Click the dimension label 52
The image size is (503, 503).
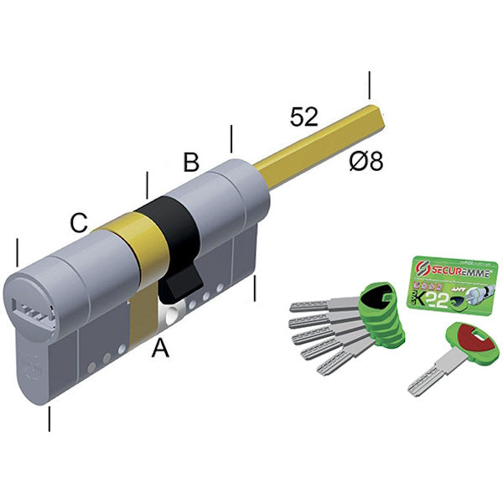(303, 117)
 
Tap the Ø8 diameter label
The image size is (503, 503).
(366, 161)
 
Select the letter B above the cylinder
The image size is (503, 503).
(191, 162)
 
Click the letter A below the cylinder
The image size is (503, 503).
(159, 347)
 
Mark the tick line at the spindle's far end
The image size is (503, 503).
(369, 86)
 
